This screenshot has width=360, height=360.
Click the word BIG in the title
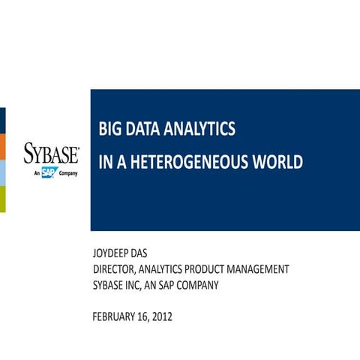[109, 130]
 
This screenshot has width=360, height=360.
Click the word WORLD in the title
[278, 162]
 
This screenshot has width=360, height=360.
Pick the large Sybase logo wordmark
[51, 154]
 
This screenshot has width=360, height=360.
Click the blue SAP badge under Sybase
[49, 173]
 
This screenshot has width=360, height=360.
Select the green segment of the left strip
[2, 199]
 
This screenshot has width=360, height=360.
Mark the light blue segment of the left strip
[2, 173]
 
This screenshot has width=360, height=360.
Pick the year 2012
[161, 316]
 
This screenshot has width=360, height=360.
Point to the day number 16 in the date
[142, 316]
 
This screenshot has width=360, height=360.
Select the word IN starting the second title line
[105, 162]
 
